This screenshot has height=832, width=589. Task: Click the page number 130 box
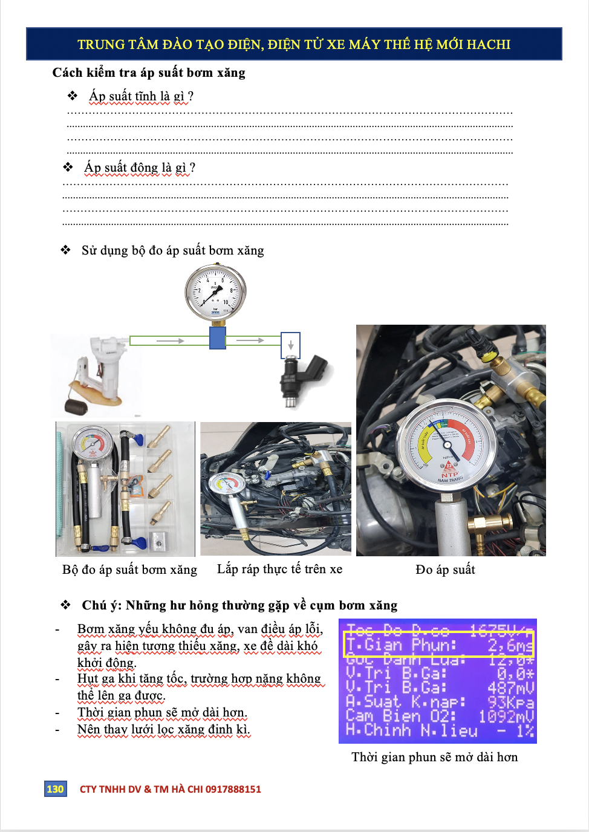pyautogui.click(x=55, y=788)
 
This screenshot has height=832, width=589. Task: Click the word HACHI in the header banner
pyautogui.click(x=488, y=44)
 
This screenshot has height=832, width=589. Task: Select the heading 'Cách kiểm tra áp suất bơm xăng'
pyautogui.click(x=149, y=73)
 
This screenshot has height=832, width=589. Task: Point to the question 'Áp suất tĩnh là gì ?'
pyautogui.click(x=141, y=96)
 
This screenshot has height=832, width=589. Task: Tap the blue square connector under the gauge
pyautogui.click(x=218, y=338)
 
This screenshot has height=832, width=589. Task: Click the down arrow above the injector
pyautogui.click(x=291, y=345)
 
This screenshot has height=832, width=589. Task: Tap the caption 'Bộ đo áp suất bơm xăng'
pyautogui.click(x=129, y=570)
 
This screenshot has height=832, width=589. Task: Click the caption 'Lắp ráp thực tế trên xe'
pyautogui.click(x=279, y=569)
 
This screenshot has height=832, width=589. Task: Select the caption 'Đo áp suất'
pyautogui.click(x=445, y=570)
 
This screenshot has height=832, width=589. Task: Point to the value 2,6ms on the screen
pyautogui.click(x=510, y=646)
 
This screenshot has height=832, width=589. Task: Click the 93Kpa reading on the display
pyautogui.click(x=510, y=703)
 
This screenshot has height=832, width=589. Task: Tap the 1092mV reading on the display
pyautogui.click(x=506, y=717)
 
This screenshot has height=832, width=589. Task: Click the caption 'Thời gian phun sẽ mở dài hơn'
pyautogui.click(x=434, y=757)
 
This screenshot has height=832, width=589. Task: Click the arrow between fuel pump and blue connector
pyautogui.click(x=171, y=341)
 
